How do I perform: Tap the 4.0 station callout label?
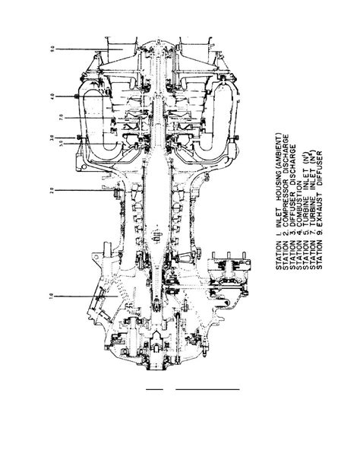[51, 97]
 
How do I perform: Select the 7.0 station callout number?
[51, 118]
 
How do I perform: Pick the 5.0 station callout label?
[51, 144]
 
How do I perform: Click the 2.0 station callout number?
[51, 190]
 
